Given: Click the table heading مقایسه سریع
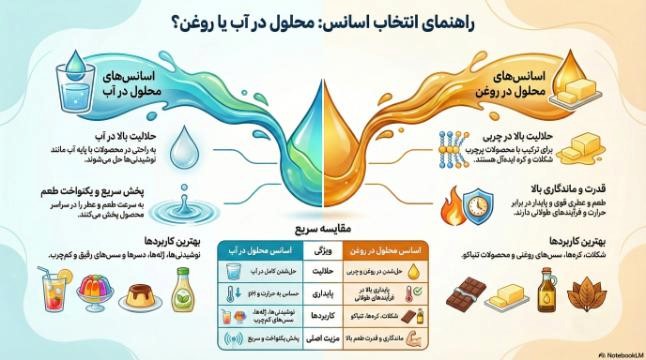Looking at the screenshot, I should tap(322, 228).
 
